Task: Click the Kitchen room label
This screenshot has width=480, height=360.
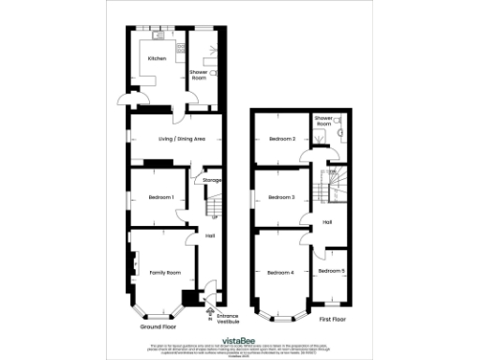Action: click(x=157, y=59)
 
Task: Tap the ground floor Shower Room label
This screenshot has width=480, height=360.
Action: click(x=199, y=75)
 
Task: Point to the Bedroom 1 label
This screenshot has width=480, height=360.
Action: click(x=161, y=197)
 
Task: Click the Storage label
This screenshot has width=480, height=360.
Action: click(x=211, y=180)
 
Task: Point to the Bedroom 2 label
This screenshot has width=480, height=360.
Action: click(x=282, y=139)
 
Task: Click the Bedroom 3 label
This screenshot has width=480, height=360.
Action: click(x=281, y=197)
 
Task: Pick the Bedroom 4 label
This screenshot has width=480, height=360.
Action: click(x=280, y=272)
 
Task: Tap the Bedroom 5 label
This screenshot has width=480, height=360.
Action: click(x=331, y=271)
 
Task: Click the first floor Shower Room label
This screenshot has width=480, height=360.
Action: click(x=323, y=121)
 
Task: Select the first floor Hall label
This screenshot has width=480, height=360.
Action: click(x=328, y=221)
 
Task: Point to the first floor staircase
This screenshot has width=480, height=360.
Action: click(x=332, y=187)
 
